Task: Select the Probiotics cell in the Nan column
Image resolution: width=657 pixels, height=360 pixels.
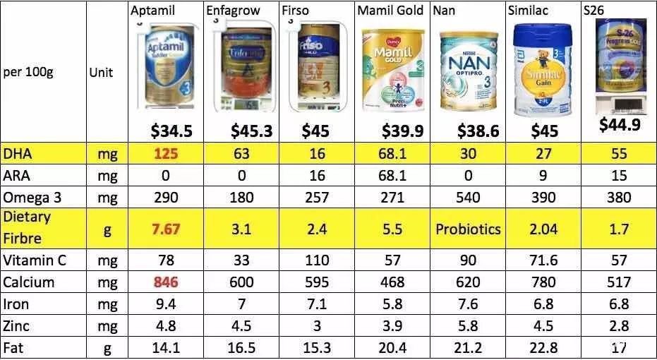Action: coord(468,229)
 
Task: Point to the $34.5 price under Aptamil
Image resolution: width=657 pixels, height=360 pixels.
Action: coord(171,131)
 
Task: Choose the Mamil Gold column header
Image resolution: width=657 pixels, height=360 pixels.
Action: coord(390,11)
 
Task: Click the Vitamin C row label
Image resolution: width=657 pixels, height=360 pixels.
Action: coord(35,260)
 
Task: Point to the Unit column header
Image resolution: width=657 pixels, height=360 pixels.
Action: coord(102,72)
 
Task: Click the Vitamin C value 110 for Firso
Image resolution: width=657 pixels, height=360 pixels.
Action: coord(315,260)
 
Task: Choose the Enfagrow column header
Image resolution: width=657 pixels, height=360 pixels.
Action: coord(234,11)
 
